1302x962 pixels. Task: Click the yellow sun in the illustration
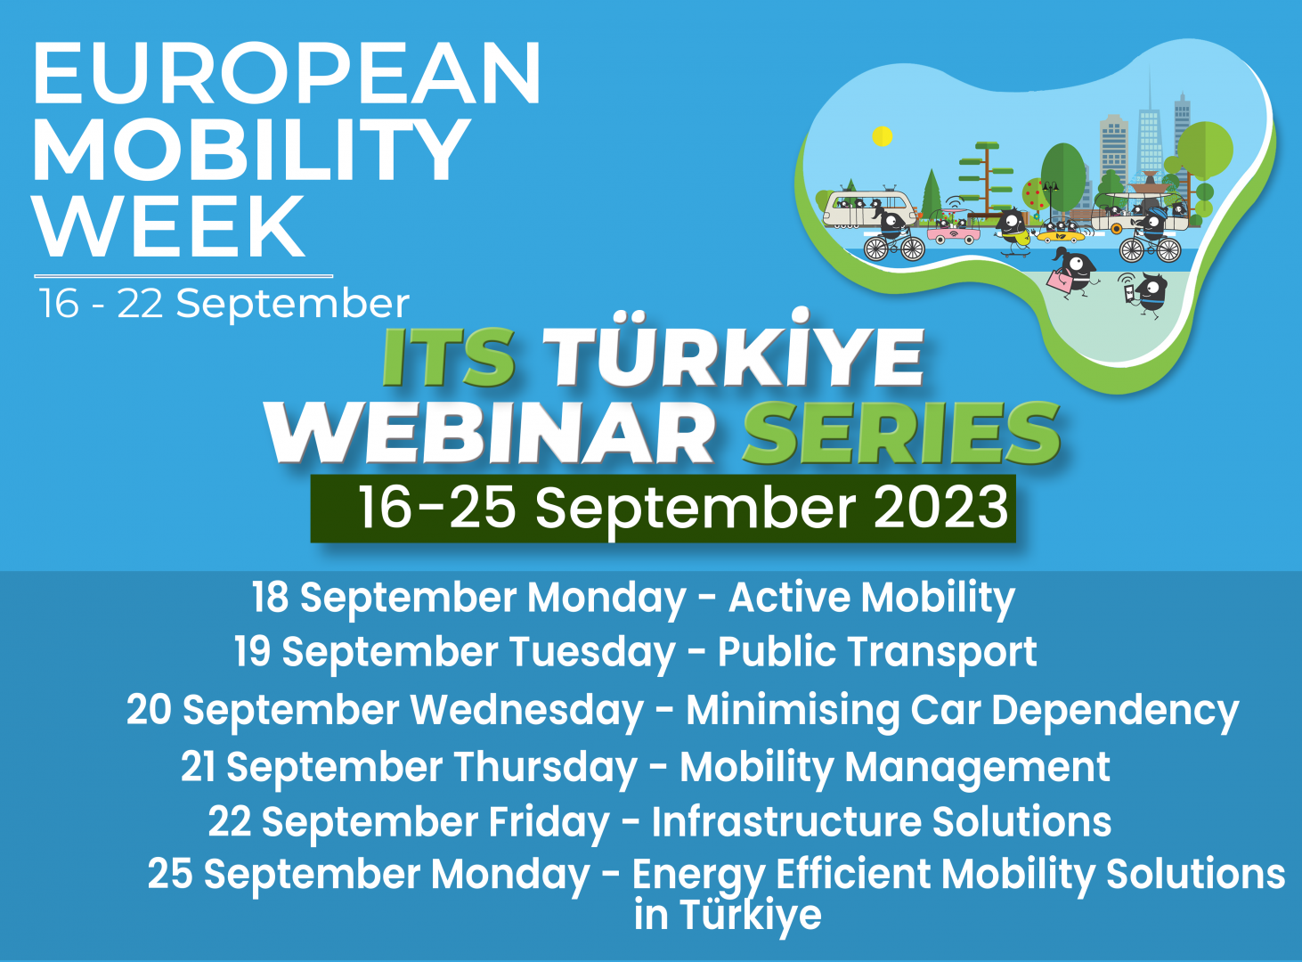point(882,136)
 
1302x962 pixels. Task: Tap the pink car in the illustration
point(954,233)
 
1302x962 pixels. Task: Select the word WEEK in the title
point(169,226)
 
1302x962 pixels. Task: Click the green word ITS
point(448,358)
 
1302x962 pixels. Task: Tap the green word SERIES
point(901,433)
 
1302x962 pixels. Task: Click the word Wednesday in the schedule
point(526,710)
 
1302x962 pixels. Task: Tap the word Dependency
point(1114,711)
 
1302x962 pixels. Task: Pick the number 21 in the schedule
point(199,767)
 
